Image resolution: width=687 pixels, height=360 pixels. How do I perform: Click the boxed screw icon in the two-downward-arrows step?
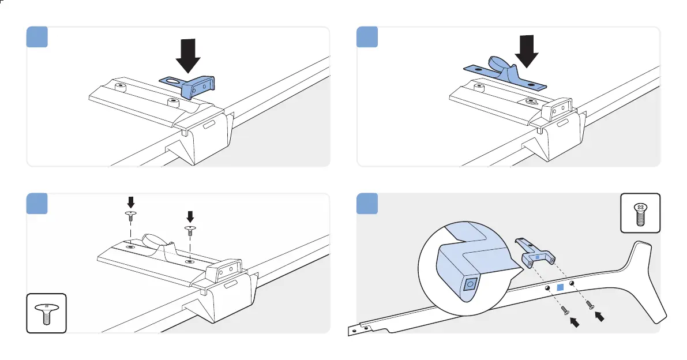pyautogui.click(x=46, y=313)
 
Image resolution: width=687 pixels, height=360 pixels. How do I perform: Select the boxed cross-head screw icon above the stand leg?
pyautogui.click(x=640, y=213)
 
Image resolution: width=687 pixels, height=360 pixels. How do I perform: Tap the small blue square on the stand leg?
pyautogui.click(x=559, y=287)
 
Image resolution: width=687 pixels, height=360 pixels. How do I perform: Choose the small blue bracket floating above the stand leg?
pyautogui.click(x=535, y=253)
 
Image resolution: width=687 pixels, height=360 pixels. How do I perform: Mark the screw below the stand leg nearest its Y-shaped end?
pyautogui.click(x=589, y=304)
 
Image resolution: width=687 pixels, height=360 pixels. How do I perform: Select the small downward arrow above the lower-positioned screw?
pyautogui.click(x=190, y=217)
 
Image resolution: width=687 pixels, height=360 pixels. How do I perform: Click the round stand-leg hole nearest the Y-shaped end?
pyautogui.click(x=572, y=283)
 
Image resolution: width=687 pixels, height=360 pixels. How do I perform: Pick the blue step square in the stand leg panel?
pyautogui.click(x=367, y=203)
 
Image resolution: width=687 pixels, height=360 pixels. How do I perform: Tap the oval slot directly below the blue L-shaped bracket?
pyautogui.click(x=208, y=124)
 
